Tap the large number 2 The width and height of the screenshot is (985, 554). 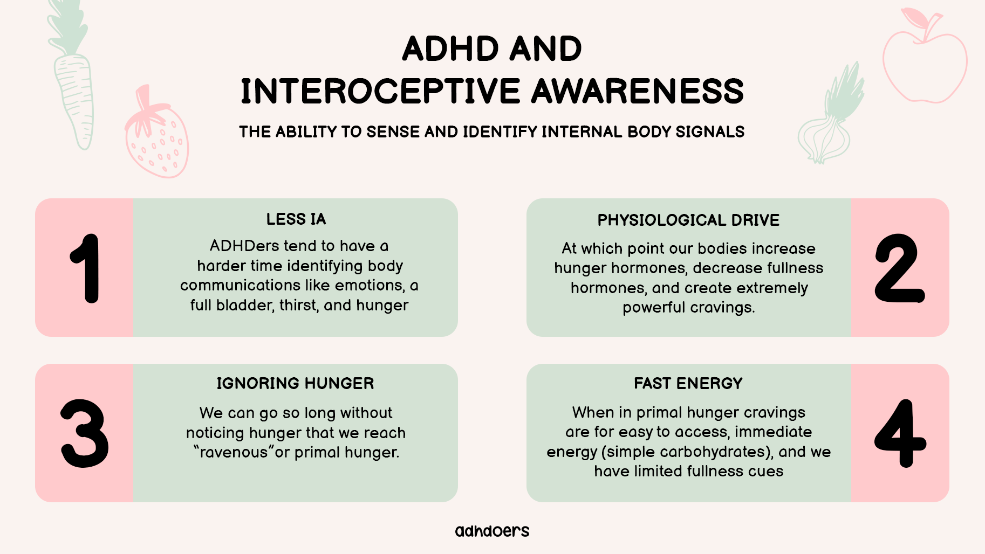coord(900,268)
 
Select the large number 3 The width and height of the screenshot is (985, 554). coord(85,433)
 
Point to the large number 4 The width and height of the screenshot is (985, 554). coord(900,433)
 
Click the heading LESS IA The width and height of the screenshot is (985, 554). coord(296,219)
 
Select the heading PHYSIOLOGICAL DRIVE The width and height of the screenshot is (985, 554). coord(688,220)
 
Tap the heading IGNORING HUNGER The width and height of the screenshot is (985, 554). coord(295,384)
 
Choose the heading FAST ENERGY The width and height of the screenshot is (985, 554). coord(688,384)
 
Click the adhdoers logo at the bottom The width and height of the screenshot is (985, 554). coord(492,531)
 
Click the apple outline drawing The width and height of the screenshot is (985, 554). coord(925,56)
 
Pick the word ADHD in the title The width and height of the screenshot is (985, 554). coord(450,49)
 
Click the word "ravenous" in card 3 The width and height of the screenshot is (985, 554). coord(233,452)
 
